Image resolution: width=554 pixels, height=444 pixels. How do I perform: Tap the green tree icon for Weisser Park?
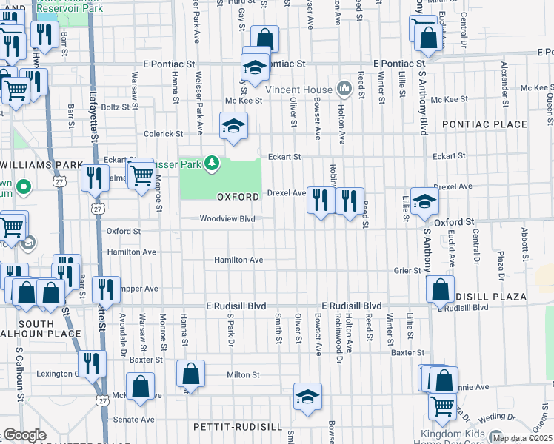[x=212, y=162]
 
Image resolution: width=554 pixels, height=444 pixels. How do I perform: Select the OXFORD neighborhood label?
[x=238, y=197]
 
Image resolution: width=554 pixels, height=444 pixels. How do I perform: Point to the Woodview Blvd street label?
[x=227, y=218]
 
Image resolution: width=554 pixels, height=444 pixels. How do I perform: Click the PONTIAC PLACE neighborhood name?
[x=484, y=124]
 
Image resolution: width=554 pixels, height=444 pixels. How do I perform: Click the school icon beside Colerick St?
[x=233, y=125]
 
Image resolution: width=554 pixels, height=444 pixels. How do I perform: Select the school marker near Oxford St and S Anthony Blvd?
[x=424, y=201]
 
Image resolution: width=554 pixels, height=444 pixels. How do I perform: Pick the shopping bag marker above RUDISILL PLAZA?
[x=440, y=289]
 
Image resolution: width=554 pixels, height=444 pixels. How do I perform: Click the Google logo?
[x=25, y=435]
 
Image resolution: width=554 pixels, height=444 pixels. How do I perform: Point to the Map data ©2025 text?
[x=523, y=438]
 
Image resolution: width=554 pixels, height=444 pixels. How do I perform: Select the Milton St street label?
[x=243, y=375]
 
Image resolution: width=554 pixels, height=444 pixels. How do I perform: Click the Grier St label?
[x=407, y=271]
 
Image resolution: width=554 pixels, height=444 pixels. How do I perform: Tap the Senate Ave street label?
[x=133, y=420]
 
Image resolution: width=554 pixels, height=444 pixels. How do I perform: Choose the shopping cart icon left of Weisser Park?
[x=141, y=175]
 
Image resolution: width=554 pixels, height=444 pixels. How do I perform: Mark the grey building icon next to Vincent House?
[x=343, y=89]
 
